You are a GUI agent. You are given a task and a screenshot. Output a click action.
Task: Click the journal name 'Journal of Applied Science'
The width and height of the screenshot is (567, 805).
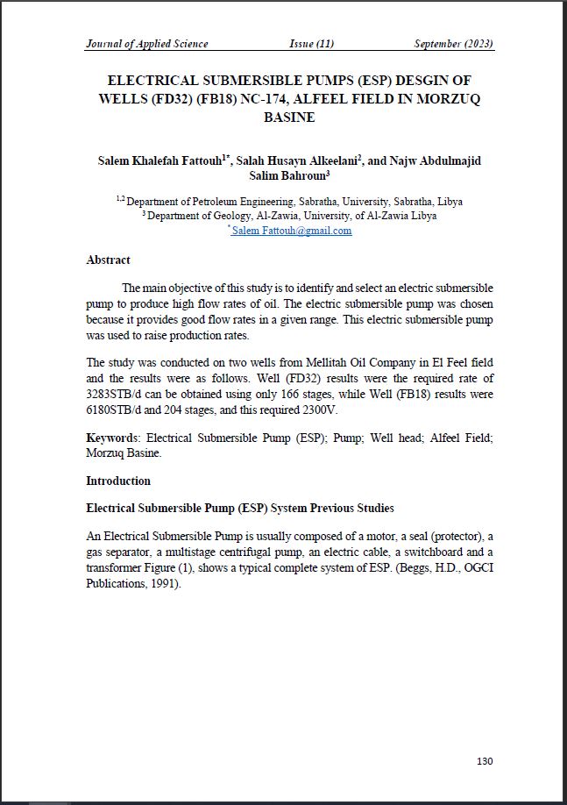point(147,44)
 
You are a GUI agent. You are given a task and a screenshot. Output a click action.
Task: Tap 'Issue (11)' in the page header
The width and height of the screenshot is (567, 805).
point(312,44)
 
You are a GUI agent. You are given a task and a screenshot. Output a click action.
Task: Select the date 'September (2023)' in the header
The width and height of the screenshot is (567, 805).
point(454,44)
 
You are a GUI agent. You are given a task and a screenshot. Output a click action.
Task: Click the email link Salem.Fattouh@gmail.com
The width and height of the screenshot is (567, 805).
point(292,231)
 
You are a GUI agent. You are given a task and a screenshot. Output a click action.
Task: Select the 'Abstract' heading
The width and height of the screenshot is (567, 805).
point(108,260)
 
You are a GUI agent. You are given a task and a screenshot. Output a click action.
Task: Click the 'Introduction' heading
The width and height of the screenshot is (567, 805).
point(118,481)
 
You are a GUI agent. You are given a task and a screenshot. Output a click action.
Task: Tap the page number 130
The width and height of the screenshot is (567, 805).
point(485,761)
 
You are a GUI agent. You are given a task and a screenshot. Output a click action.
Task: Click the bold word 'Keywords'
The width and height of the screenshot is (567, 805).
point(111,438)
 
